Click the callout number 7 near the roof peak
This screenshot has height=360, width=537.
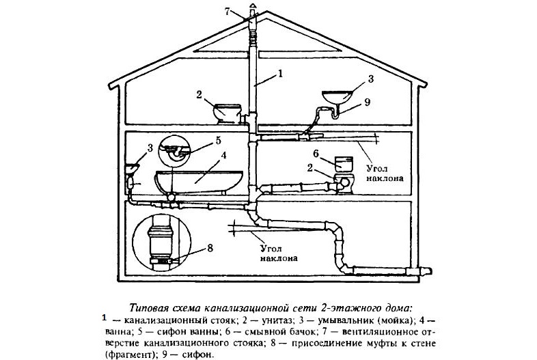click(228, 12)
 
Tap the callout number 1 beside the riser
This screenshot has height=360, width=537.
click(280, 73)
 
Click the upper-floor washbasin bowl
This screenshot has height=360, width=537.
click(338, 96)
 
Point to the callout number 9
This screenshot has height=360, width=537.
click(367, 102)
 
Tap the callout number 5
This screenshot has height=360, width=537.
click(218, 141)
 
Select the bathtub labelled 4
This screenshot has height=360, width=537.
click(199, 181)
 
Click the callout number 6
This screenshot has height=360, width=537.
click(316, 154)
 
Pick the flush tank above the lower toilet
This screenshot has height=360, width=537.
click(343, 163)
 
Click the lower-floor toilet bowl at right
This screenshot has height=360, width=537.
click(344, 183)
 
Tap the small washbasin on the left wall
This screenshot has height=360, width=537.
click(133, 168)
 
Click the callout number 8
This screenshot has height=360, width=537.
click(210, 248)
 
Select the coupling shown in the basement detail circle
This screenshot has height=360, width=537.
click(161, 243)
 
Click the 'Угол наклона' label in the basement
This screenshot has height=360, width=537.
click(278, 253)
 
